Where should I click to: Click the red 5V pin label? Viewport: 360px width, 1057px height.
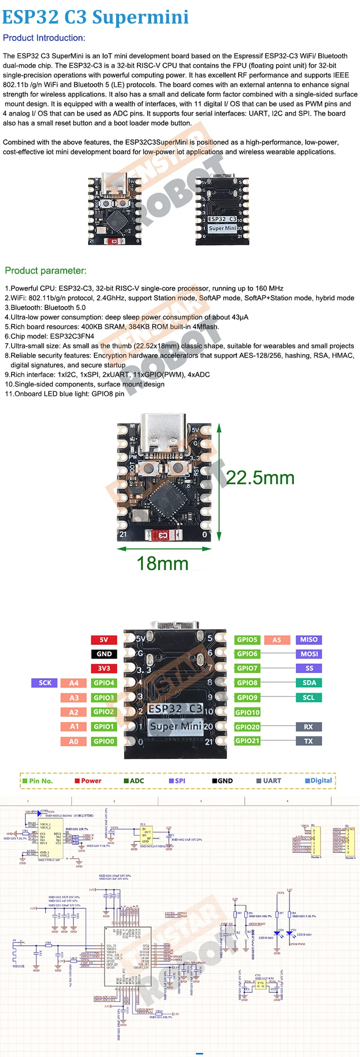tap(104, 639)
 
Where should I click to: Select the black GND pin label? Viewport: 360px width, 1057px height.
tap(104, 654)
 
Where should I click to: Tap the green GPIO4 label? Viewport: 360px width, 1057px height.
tap(104, 683)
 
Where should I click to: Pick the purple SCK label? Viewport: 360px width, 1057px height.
tap(45, 683)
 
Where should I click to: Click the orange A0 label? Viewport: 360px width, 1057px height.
tap(73, 741)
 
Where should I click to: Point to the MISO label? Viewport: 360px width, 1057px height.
tap(309, 639)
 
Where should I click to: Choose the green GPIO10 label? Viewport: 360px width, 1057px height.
tap(247, 712)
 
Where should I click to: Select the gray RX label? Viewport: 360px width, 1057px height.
tap(308, 727)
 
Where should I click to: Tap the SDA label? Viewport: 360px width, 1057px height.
tap(309, 683)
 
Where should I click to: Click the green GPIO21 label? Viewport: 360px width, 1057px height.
tap(247, 741)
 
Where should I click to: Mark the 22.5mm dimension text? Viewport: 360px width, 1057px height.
tap(260, 478)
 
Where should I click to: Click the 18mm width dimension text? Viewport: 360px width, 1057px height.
tap(163, 564)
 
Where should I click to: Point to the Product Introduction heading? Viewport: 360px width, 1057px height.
tap(44, 38)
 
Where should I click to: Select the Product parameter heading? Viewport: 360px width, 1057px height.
tap(46, 271)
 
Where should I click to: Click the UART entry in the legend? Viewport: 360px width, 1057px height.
tap(269, 781)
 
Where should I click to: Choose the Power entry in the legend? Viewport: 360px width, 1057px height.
tap(88, 781)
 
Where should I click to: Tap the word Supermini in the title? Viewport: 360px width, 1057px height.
tap(140, 17)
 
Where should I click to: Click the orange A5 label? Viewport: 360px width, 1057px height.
tap(277, 639)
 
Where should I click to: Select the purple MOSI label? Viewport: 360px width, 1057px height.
tap(309, 654)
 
